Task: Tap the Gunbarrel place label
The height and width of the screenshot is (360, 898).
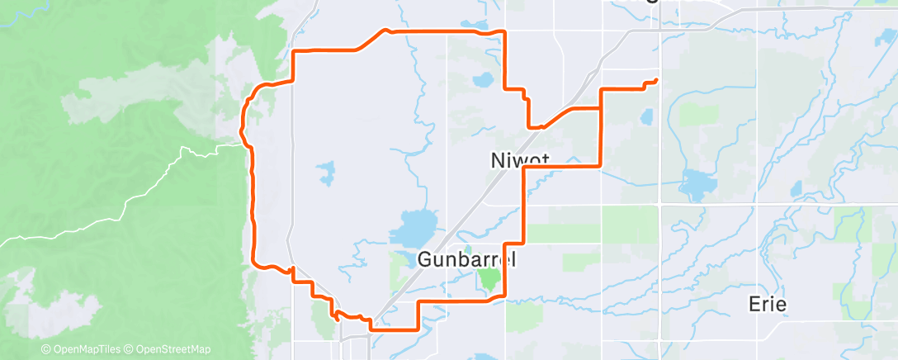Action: pos(466,258)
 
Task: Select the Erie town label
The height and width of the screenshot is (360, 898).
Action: pos(767,304)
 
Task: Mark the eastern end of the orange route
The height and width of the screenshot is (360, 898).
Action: pos(656,80)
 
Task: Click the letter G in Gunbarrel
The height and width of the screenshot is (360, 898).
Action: pos(426,258)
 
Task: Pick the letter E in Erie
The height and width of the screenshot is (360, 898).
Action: pos(752,304)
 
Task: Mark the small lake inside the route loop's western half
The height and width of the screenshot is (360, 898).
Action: pos(326,173)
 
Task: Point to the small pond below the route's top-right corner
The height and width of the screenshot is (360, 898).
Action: pos(482,81)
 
